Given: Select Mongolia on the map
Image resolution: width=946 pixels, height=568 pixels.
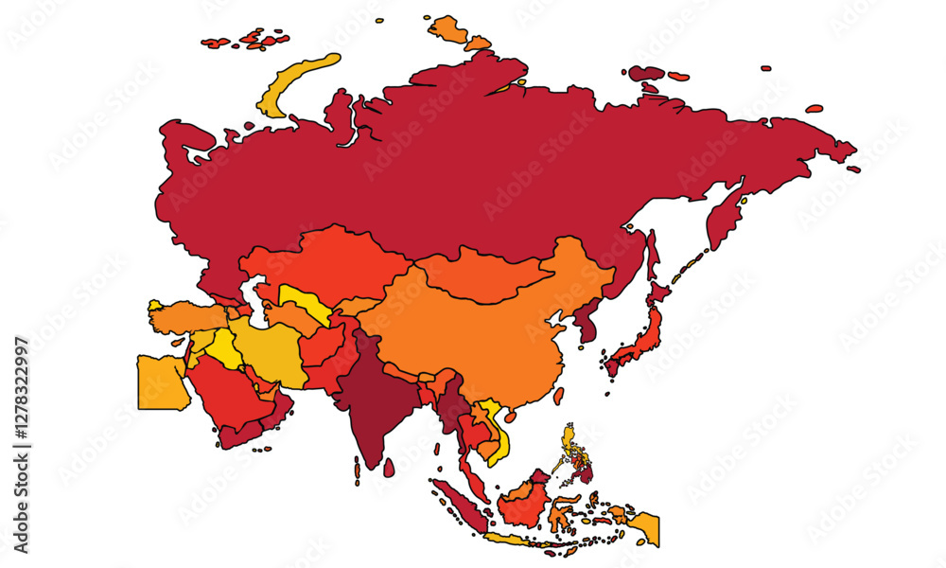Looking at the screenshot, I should pyautogui.click(x=482, y=273).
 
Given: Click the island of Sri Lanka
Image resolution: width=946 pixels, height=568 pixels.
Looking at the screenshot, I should pyautogui.click(x=389, y=466).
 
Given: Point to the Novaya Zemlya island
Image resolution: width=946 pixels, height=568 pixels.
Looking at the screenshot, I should pyautogui.click(x=293, y=85).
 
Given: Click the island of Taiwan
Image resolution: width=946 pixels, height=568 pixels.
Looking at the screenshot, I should pyautogui.click(x=559, y=394).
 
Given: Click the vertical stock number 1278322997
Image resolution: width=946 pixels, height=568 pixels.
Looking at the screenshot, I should pyautogui.click(x=22, y=445).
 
